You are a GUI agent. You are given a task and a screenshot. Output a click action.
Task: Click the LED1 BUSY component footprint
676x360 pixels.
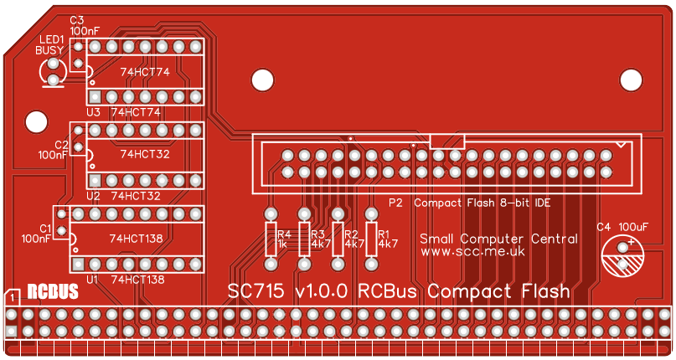[54, 72]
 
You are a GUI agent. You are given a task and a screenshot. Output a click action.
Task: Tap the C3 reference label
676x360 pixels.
[77, 19]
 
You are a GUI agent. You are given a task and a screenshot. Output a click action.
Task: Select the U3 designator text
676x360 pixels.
[93, 112]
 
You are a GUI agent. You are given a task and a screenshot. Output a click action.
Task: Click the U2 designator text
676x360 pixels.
[93, 196]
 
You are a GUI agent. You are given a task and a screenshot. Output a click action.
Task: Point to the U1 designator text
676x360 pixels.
[91, 279]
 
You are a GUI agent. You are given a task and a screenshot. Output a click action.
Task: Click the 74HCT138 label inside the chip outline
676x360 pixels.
[135, 239]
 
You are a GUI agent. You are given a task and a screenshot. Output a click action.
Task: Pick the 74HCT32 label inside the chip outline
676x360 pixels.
[145, 154]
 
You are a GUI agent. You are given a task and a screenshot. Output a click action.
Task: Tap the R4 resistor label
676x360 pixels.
[283, 234]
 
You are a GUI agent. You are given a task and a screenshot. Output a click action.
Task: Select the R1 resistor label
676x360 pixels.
[384, 234]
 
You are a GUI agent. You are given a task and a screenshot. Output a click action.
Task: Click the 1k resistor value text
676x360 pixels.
[282, 244]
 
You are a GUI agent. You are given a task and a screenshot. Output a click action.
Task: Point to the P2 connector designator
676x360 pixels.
[395, 203]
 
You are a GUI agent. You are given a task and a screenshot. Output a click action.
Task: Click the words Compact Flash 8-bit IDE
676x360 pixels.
[482, 203]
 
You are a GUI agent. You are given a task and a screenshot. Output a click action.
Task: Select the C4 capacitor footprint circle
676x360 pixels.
[624, 256]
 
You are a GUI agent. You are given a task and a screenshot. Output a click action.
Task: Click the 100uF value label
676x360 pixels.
[633, 226]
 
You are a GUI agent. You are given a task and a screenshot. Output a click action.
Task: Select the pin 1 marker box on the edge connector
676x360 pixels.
[13, 296]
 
